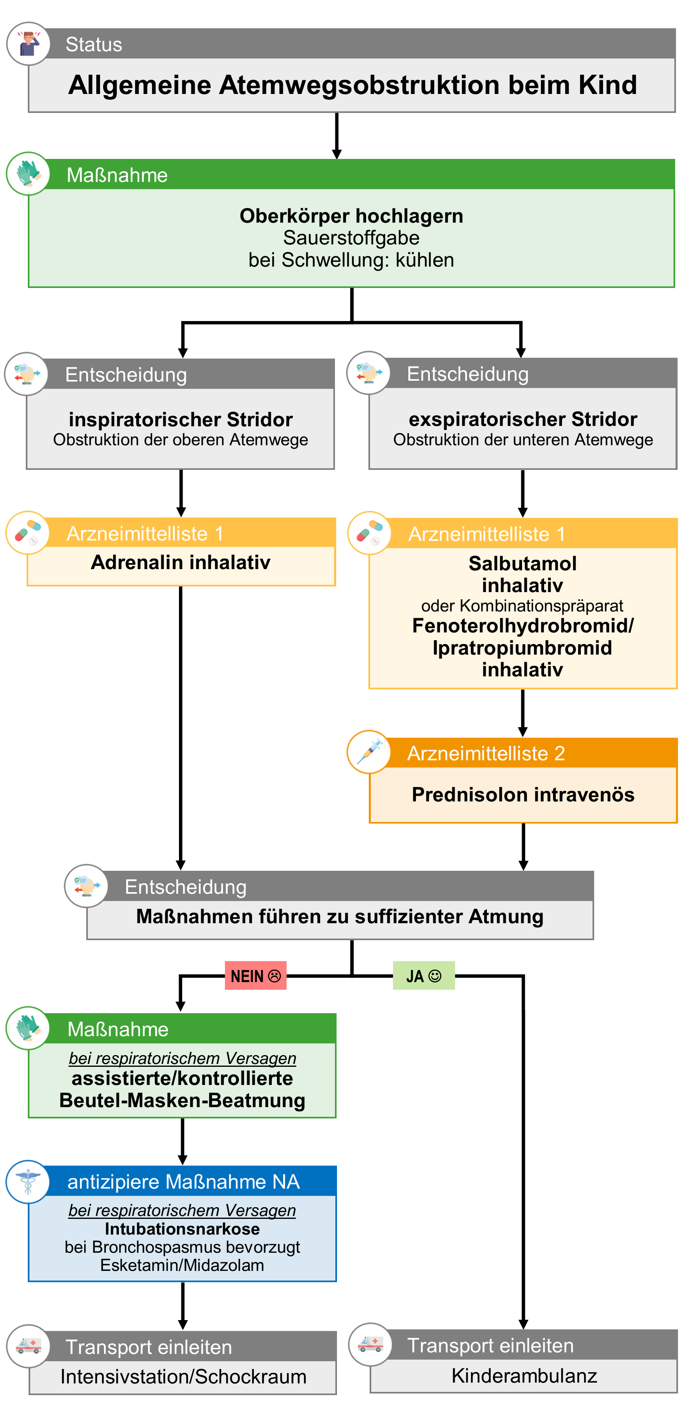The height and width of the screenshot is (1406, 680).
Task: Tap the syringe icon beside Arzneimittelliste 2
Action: [369, 752]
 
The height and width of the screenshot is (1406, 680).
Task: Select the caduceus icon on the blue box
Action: [28, 1182]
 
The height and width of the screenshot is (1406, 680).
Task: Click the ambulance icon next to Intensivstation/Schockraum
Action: [28, 1346]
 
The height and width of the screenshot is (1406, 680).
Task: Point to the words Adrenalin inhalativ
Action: [181, 562]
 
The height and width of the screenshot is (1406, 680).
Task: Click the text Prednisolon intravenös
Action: [523, 795]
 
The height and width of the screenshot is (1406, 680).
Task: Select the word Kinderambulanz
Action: [524, 1376]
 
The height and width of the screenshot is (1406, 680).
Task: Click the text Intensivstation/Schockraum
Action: [183, 1377]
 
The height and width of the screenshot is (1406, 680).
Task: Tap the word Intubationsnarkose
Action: [182, 1229]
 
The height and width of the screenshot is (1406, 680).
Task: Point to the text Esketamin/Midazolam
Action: [182, 1265]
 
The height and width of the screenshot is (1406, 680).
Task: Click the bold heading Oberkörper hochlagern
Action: [351, 216]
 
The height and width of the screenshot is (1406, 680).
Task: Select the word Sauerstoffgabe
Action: [351, 238]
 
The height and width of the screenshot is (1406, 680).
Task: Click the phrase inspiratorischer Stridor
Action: [181, 419]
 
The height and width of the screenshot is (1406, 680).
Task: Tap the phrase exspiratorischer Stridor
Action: [523, 419]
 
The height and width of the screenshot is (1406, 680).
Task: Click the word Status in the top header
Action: [94, 44]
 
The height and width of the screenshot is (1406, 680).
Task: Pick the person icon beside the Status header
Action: [28, 44]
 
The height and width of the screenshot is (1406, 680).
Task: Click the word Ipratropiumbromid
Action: [522, 648]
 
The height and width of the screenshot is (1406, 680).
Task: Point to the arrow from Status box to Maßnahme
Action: [337, 136]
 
